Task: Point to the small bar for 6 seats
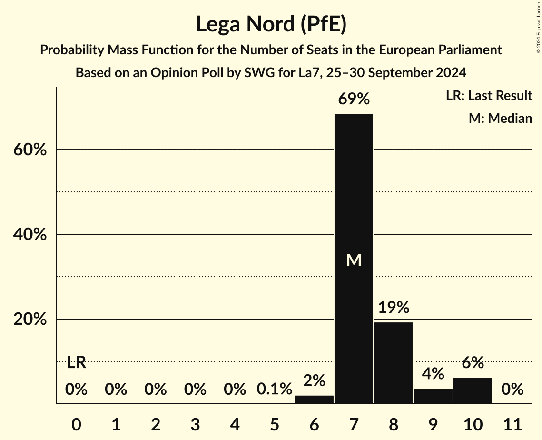click(x=314, y=400)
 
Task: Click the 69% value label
click(x=354, y=100)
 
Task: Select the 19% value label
click(x=394, y=308)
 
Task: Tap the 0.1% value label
click(x=274, y=390)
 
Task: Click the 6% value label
click(x=473, y=363)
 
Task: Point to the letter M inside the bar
click(x=354, y=260)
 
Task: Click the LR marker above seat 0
click(x=76, y=363)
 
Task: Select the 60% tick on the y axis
click(x=30, y=150)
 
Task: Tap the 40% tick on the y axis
click(x=30, y=235)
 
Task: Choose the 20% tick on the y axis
click(x=30, y=320)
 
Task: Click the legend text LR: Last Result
click(x=489, y=96)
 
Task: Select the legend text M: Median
click(x=500, y=118)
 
